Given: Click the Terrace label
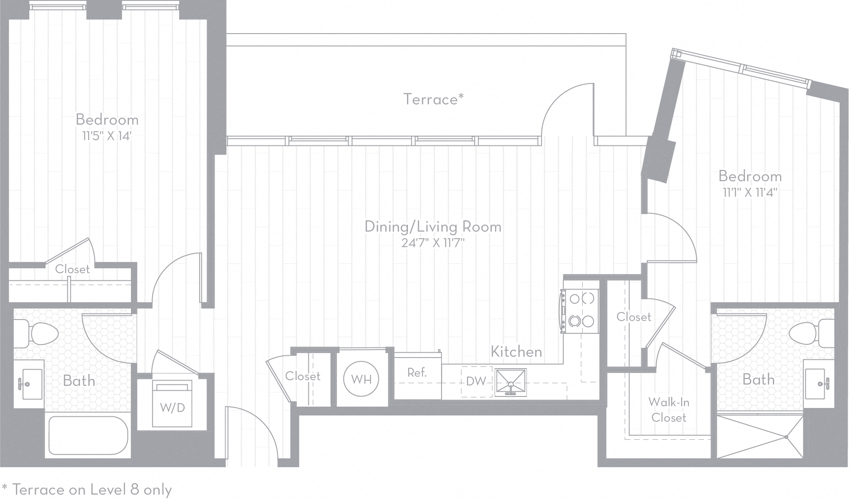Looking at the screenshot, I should point(433,99).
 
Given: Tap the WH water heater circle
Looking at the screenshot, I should point(361,379).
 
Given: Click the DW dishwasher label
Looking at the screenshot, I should point(476,381).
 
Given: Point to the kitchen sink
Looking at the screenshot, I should point(511,382).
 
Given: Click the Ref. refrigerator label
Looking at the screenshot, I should point(417,373).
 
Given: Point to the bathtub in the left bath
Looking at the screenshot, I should point(88,435).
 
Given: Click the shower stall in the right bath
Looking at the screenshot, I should point(759,437).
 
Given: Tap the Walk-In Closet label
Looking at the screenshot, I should point(668,410).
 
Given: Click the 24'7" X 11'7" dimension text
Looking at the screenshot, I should point(433,243).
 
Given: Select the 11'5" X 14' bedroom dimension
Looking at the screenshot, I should point(107,136).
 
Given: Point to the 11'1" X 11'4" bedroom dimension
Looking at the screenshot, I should point(750,192).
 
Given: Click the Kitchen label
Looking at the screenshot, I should point(516,352).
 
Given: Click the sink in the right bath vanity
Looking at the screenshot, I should point(819,383).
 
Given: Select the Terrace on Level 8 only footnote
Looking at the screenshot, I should point(87,490).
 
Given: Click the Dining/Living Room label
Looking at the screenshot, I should point(433,227).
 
